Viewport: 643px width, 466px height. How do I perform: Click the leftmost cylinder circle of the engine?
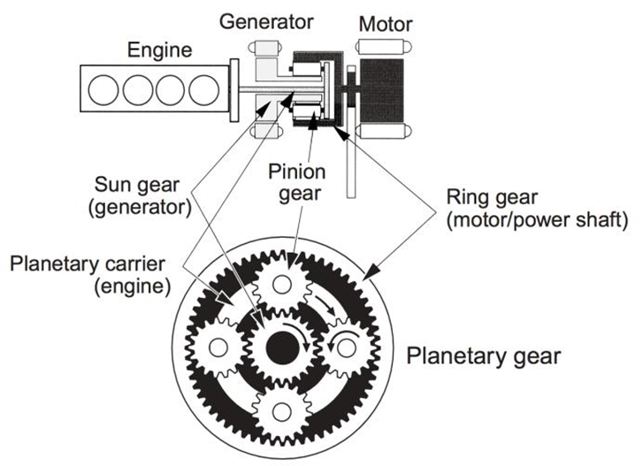(106, 90)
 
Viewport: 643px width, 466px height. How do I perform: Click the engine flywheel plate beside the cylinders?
(234, 89)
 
